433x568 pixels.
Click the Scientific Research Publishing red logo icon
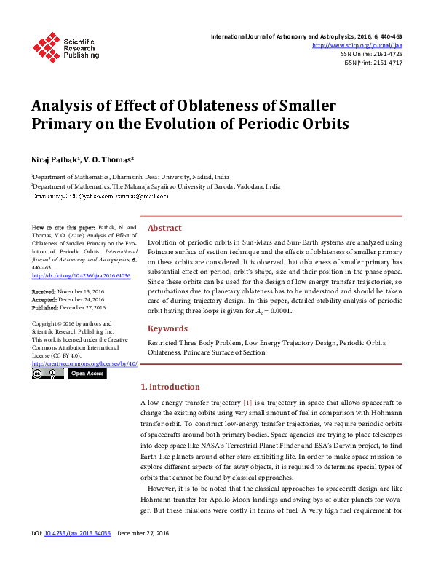(47, 46)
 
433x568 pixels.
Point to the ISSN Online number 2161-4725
(386, 54)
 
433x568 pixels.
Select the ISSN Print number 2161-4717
(386, 63)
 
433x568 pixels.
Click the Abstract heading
(166, 226)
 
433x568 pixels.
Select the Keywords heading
(168, 328)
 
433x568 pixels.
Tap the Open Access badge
(87, 374)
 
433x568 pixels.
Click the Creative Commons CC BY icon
(48, 374)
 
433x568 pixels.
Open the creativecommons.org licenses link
(85, 363)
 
